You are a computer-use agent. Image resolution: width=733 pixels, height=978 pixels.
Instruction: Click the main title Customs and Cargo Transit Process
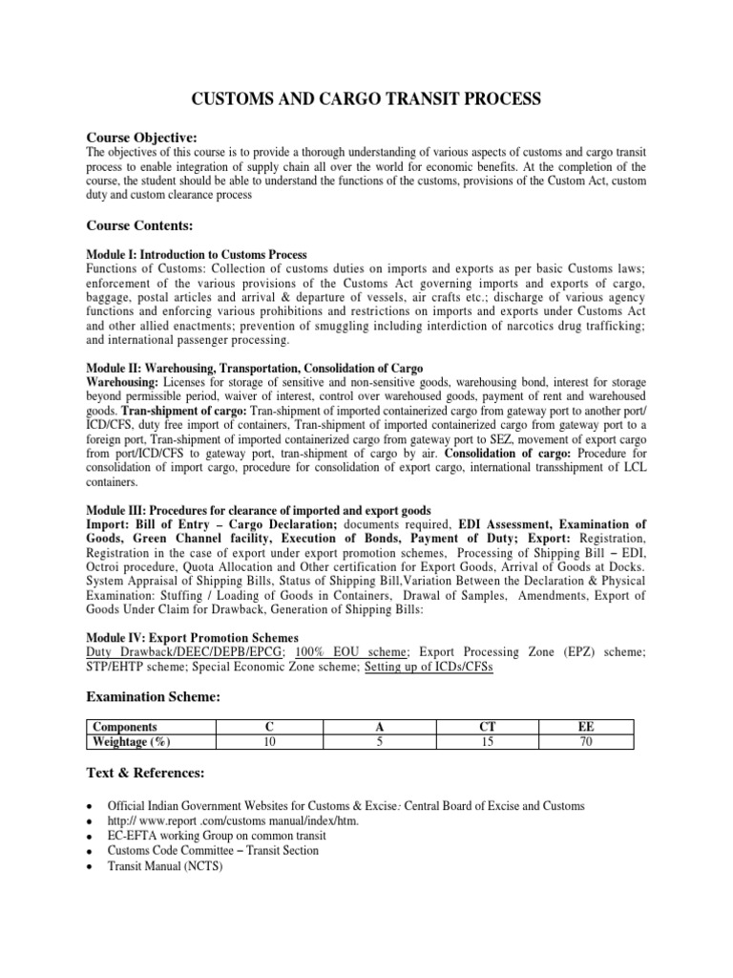coord(366,98)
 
